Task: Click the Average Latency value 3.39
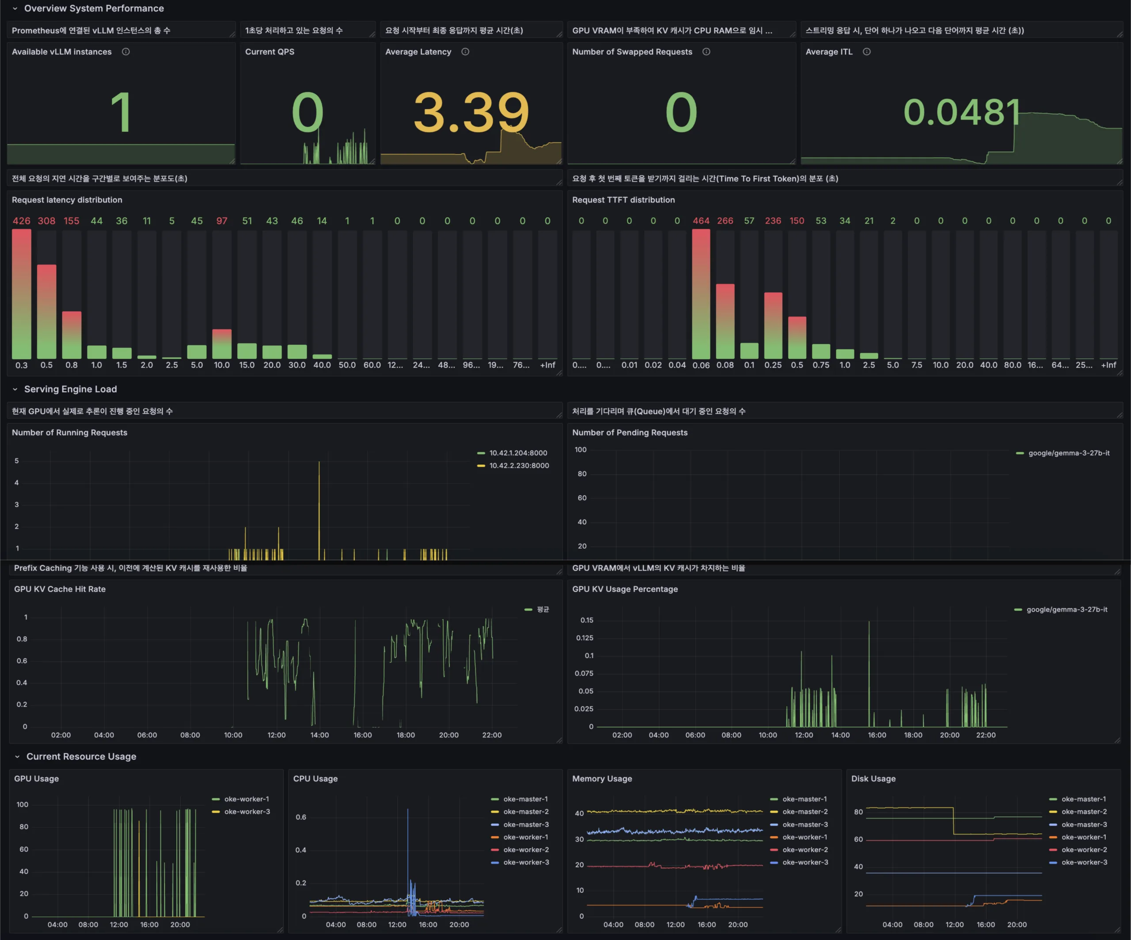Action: click(x=471, y=112)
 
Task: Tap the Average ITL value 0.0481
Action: click(x=961, y=112)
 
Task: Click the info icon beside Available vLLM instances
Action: click(x=125, y=52)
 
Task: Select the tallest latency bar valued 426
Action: click(x=22, y=294)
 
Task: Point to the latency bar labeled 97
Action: click(x=222, y=344)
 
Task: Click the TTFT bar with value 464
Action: click(x=701, y=294)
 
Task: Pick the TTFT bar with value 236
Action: click(x=773, y=325)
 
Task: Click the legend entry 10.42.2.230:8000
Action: click(x=519, y=465)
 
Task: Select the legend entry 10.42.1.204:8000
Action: click(x=518, y=453)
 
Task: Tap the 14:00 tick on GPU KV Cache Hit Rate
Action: click(x=319, y=735)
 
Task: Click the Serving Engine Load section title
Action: click(x=71, y=389)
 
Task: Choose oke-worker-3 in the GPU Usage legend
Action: click(x=247, y=812)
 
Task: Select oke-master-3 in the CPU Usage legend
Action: click(x=526, y=825)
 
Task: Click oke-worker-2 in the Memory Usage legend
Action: click(x=805, y=849)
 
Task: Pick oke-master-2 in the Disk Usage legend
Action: click(x=1084, y=812)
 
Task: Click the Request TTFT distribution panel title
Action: click(x=623, y=200)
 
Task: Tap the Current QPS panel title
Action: click(x=270, y=52)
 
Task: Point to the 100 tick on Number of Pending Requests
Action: click(x=581, y=449)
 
